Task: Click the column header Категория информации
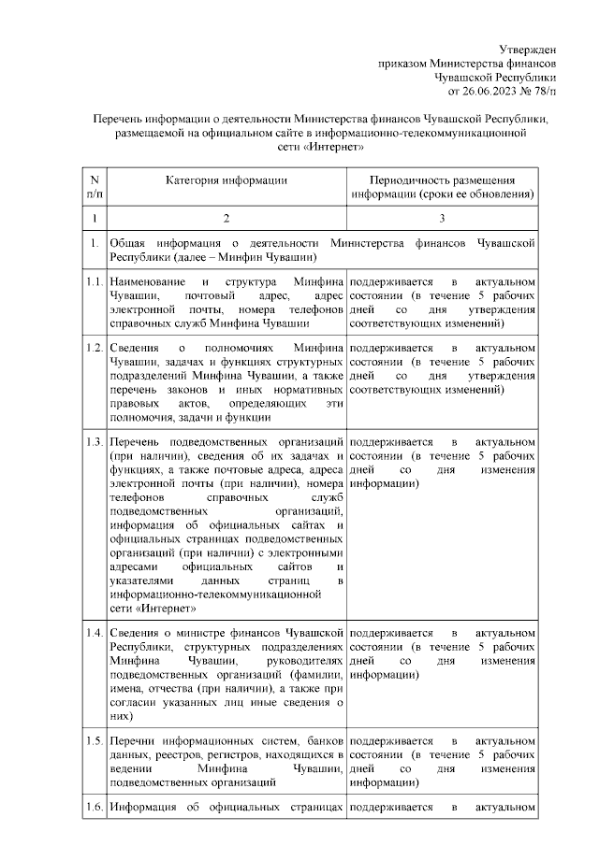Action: pyautogui.click(x=226, y=179)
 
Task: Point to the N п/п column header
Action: pyautogui.click(x=94, y=187)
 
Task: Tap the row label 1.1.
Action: pyautogui.click(x=94, y=281)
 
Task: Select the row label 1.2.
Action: pyautogui.click(x=94, y=348)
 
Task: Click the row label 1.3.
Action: pyautogui.click(x=94, y=441)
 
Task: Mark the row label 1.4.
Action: pyautogui.click(x=94, y=634)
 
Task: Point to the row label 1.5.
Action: pyautogui.click(x=94, y=741)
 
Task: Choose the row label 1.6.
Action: pyautogui.click(x=94, y=806)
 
